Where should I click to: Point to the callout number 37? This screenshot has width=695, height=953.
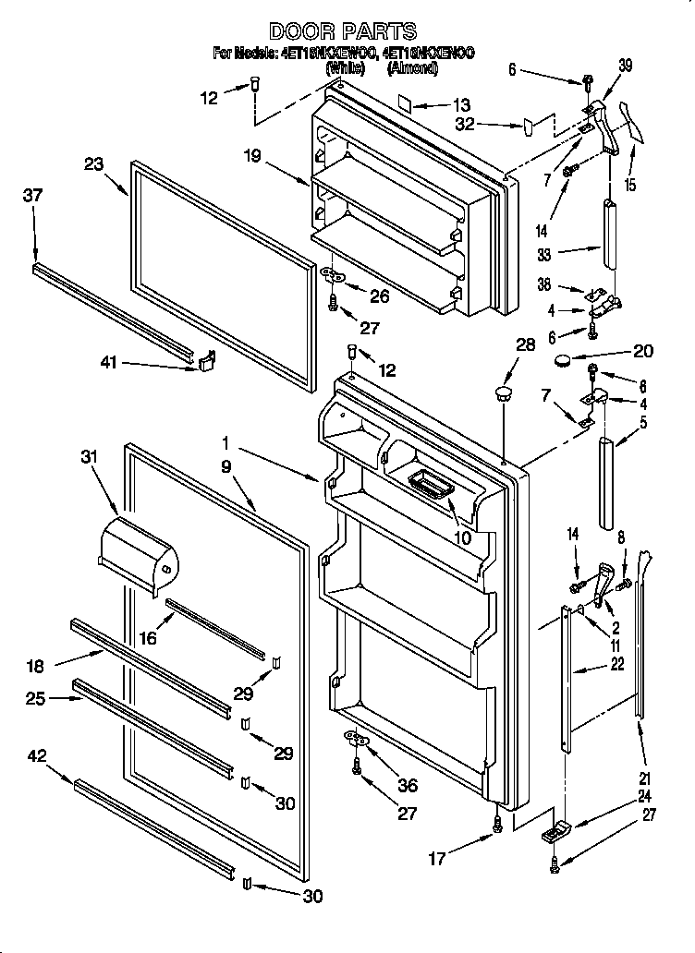(33, 196)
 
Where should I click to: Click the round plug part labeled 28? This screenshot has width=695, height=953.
(504, 394)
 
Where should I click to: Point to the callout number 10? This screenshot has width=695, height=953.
(460, 537)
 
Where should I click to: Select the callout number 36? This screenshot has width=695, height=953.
(406, 786)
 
